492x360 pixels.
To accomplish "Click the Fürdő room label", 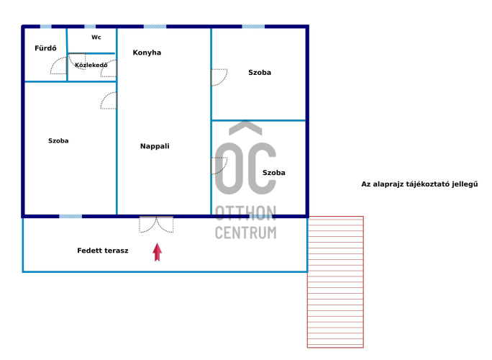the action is click(45, 48).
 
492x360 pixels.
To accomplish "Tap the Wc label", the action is click(96, 37).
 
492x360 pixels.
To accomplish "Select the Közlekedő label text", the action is click(91, 65).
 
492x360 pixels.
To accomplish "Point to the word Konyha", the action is click(147, 53).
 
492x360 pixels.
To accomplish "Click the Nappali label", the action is click(155, 146).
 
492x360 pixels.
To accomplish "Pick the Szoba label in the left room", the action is click(58, 140).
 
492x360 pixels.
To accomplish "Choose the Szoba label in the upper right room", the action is click(260, 73).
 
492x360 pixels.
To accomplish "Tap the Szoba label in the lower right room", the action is click(273, 173).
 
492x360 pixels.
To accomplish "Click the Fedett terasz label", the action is click(103, 251).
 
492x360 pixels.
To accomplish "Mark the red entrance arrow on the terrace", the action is click(158, 252).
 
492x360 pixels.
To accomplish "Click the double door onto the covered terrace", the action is click(156, 225).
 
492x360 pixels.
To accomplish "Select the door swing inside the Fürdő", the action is click(59, 66).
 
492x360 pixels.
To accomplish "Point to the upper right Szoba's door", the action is click(219, 77).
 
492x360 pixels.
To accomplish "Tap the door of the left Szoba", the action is click(109, 101).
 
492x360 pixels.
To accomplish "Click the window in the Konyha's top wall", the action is click(155, 27).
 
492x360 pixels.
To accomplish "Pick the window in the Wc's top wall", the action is click(90, 27).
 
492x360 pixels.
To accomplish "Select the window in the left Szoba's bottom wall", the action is click(70, 217).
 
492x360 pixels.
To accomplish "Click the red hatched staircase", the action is click(335, 282).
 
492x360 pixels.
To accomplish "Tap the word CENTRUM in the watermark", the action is click(246, 233).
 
